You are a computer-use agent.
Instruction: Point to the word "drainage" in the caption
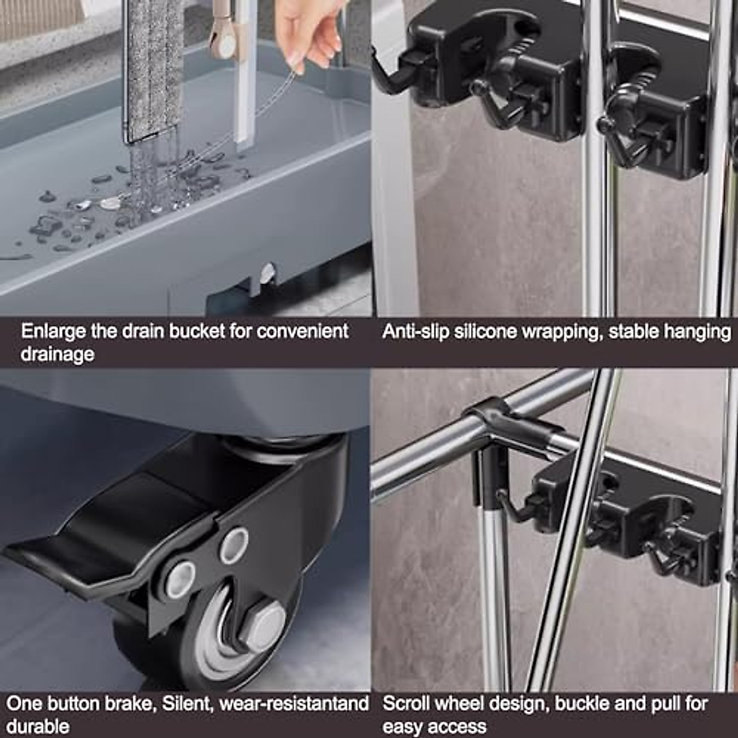pyautogui.click(x=57, y=355)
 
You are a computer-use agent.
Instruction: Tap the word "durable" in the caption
pyautogui.click(x=38, y=726)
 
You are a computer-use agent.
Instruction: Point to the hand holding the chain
pyautogui.click(x=307, y=31)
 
